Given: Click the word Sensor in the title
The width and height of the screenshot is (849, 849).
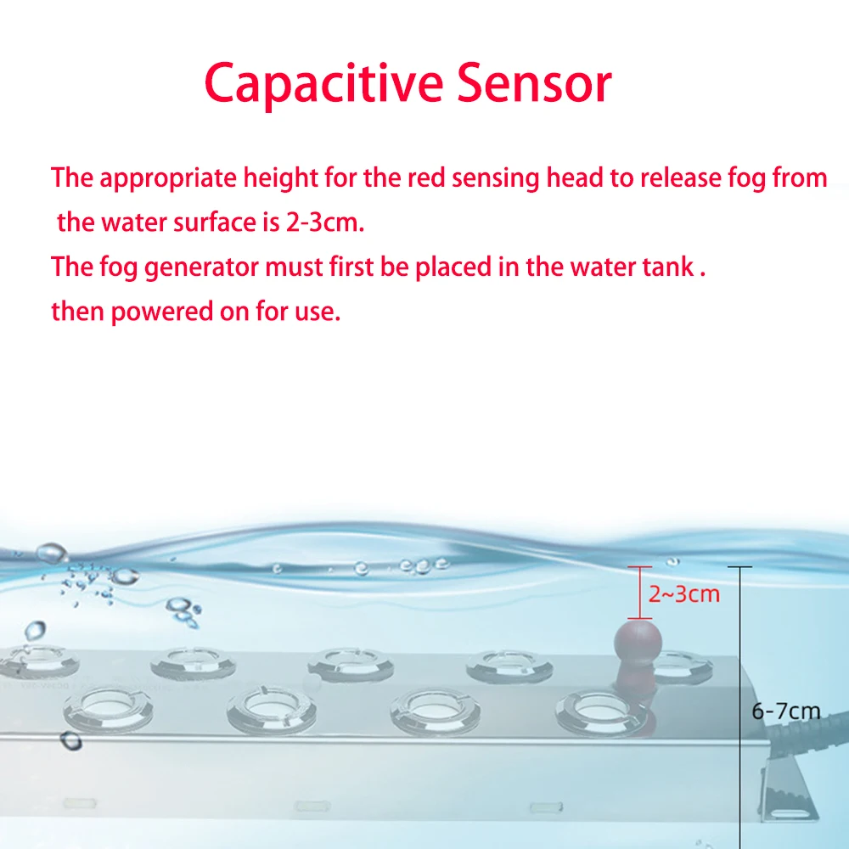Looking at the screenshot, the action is [535, 84].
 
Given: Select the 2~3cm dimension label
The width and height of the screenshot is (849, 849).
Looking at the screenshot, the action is [684, 593].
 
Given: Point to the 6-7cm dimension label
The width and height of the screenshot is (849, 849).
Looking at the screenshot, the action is [785, 711].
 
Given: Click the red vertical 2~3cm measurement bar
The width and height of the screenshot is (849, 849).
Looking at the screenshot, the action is [639, 593].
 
